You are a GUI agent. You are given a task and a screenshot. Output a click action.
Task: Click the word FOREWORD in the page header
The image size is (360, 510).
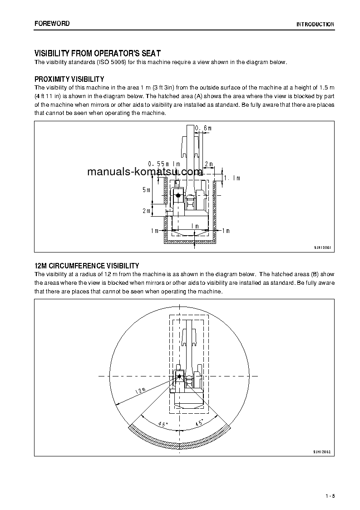pos(52,24)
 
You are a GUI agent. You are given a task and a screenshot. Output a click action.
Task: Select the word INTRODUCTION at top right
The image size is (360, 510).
pos(315,25)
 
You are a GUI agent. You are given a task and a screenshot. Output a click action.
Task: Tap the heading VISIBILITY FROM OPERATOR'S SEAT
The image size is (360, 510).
pos(98,54)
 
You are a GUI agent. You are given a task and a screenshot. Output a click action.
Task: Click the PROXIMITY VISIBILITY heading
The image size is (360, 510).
pos(69,79)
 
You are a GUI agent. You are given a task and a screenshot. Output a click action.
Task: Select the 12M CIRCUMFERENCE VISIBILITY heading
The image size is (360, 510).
pos(87,266)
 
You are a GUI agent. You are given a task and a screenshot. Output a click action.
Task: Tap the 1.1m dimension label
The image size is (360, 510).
pos(232,178)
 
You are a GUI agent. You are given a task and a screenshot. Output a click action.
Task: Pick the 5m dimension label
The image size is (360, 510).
pos(146,189)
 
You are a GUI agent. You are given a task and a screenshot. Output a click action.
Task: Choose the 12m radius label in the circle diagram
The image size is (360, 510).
pos(140,391)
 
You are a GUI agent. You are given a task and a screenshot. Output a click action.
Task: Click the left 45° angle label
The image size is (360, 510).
pos(163,424)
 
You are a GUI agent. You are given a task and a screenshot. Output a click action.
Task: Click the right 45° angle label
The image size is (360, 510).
pos(199,424)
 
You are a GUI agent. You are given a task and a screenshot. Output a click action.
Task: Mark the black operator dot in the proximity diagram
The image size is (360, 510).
pos(178,195)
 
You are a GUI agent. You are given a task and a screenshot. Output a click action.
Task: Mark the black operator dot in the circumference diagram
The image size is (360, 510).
pos(179,376)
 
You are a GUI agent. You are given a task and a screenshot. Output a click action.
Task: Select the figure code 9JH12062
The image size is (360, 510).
pos(322,452)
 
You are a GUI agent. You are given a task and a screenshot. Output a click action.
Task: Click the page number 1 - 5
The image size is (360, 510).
pos(330,495)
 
